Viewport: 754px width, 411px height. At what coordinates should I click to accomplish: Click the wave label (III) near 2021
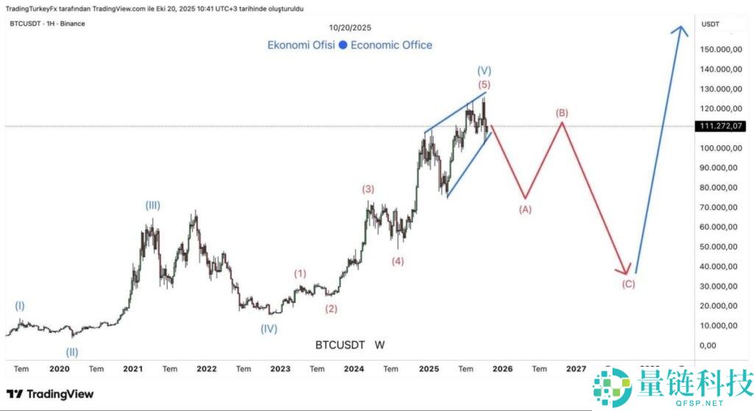pos(152,205)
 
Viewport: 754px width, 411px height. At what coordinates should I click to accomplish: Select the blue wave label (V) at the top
pos(484,71)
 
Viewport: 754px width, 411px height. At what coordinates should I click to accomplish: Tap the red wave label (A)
pos(525,209)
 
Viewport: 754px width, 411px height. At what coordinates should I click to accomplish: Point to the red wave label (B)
pos(562,113)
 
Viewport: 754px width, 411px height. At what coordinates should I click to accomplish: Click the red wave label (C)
pos(628,284)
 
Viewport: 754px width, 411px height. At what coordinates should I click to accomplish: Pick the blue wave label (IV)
pos(269,329)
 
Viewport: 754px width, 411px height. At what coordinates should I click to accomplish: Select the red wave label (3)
pos(368,189)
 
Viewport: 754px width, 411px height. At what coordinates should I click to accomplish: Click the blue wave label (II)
pos(72,352)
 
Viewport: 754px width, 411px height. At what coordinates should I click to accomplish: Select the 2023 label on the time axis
pos(280,368)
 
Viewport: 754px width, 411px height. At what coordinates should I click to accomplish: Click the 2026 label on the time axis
pos(502,368)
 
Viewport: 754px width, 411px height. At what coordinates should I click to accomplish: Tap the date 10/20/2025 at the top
pos(350,27)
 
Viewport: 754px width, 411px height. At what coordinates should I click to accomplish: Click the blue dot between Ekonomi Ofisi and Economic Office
pos(342,45)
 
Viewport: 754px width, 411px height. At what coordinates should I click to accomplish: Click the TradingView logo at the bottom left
pos(50,394)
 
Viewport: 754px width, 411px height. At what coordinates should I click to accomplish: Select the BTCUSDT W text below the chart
pos(350,345)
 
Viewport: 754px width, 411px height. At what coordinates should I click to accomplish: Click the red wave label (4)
pos(398,261)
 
